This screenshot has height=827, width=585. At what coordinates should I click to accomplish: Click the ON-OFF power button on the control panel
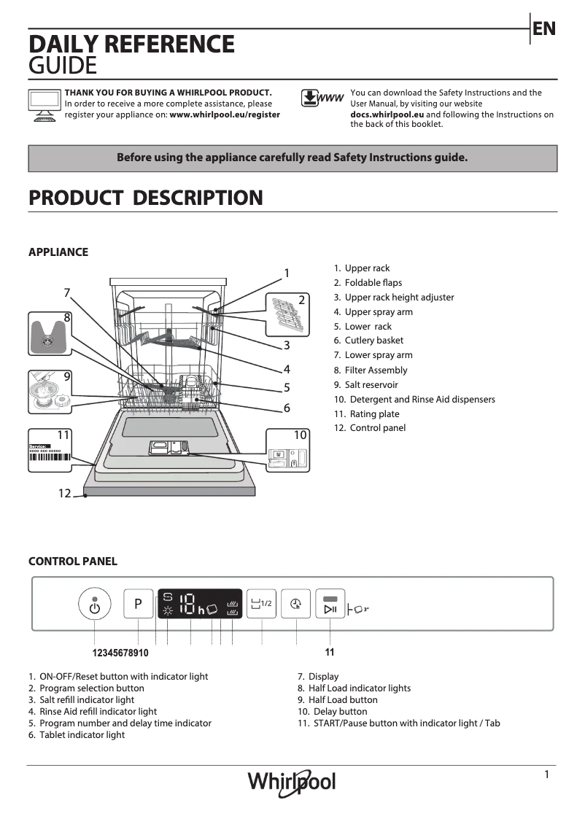point(94,605)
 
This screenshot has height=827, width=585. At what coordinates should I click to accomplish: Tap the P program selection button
point(138,604)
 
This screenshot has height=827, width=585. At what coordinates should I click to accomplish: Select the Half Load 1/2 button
point(260,604)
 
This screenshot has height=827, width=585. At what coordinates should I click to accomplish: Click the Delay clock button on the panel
point(295,604)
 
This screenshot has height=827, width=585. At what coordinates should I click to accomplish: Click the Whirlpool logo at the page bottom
point(292,782)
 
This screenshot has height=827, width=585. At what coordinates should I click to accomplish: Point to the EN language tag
point(544,28)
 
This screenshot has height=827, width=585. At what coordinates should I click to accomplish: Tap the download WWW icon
point(322,98)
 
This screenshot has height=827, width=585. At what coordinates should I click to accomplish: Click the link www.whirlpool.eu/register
point(225,114)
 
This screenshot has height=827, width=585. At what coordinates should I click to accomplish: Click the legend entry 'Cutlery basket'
point(373,341)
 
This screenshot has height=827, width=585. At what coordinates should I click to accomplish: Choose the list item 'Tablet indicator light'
point(82,735)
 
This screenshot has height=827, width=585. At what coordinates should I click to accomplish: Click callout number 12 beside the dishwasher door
point(65,494)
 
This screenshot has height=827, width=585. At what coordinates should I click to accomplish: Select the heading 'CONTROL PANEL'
point(72,562)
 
